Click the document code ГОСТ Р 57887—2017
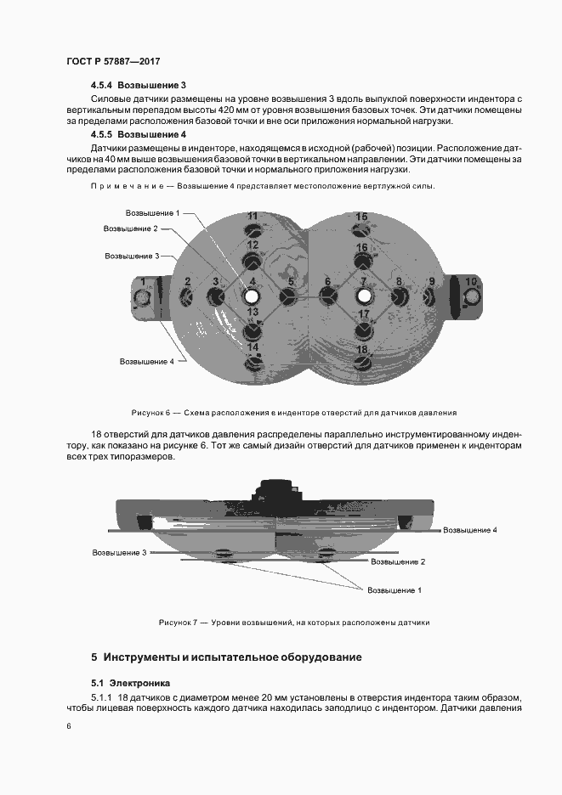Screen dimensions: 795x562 coord(112,62)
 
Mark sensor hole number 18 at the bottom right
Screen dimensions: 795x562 coord(362,361)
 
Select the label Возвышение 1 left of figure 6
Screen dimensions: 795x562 coord(152,213)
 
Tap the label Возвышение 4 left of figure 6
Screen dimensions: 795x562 coord(146,361)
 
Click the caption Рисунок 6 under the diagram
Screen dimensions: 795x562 coord(293,412)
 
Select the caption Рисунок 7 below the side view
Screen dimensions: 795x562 coord(293,623)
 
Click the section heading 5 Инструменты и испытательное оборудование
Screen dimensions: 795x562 coord(226,657)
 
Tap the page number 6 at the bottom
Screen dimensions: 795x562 coord(69,725)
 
